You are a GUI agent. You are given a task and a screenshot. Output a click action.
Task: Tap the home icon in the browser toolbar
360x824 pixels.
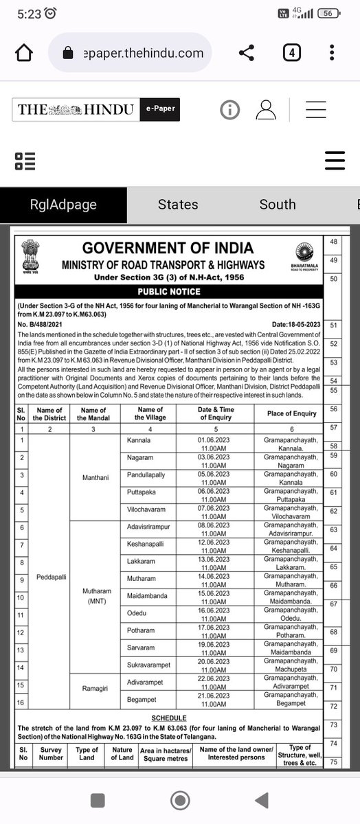tap(23, 53)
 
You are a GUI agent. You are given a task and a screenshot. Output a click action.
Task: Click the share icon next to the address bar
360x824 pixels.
tap(246, 53)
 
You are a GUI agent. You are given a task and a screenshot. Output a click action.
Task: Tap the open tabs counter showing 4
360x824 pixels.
tap(291, 53)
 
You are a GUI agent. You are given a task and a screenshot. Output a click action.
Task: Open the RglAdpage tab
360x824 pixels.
tap(63, 205)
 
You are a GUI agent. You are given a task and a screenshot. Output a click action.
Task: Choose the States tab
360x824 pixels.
tap(178, 205)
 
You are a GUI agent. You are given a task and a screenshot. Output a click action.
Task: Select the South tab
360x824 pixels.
tap(278, 205)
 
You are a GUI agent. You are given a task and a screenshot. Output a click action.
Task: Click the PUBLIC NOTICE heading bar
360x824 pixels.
tap(168, 290)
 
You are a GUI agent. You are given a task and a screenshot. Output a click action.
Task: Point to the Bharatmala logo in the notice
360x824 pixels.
tap(303, 256)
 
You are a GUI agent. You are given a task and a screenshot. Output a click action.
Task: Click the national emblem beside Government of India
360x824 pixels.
tap(31, 256)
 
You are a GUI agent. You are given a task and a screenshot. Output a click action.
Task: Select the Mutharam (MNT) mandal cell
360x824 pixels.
tap(93, 596)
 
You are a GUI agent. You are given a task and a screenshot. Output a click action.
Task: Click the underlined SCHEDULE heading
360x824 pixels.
tap(168, 716)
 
